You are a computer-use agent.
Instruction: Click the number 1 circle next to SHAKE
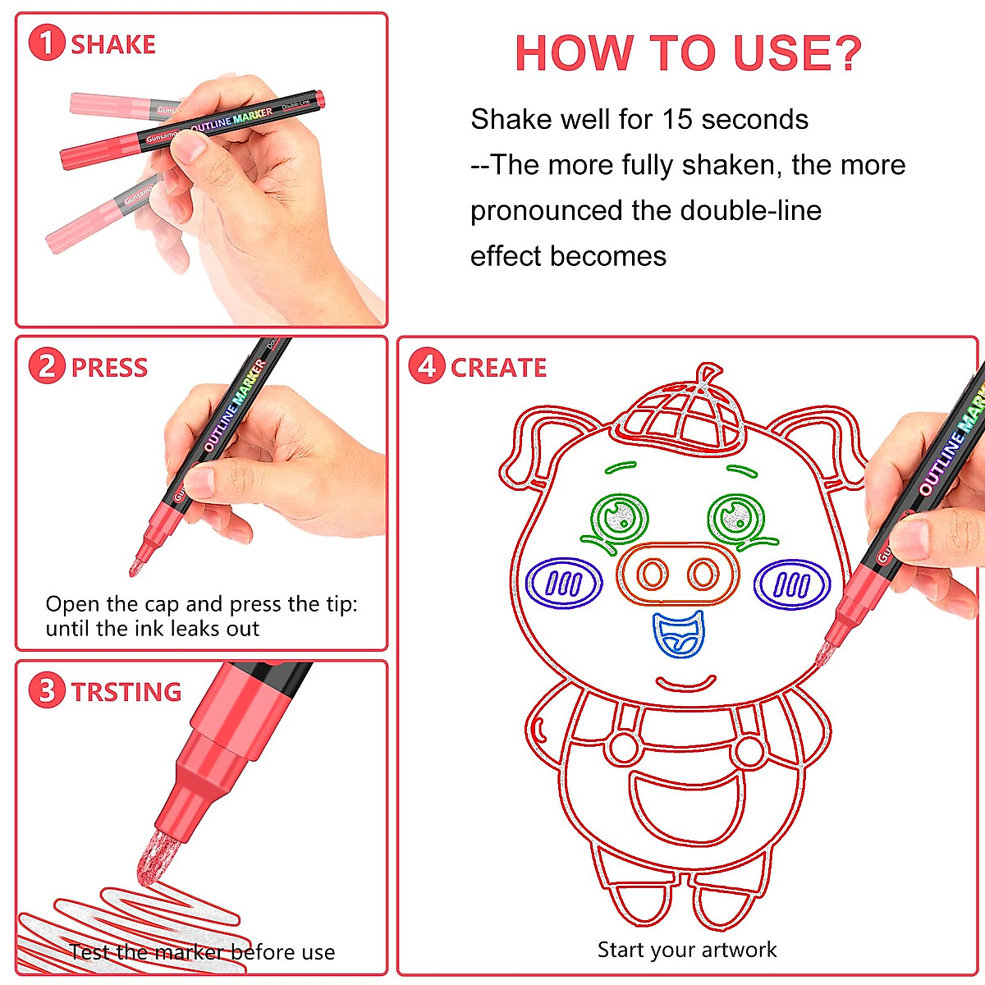point(46,44)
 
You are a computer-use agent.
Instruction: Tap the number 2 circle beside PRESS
point(46,367)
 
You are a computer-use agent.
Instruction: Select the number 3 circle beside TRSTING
point(46,691)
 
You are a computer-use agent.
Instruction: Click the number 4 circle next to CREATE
point(426,367)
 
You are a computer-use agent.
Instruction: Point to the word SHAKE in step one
point(113,44)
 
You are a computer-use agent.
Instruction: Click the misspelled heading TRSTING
point(126,692)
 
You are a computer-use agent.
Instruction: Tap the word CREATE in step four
point(498,368)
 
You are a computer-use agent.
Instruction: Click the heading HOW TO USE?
point(688,53)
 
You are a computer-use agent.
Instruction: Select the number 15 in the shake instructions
point(678,120)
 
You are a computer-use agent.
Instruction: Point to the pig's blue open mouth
point(678,635)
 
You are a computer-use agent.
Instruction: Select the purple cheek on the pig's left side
point(563,583)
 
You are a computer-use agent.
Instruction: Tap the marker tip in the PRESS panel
point(136,566)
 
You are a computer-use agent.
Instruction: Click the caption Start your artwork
point(686,950)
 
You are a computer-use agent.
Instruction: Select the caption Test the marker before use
point(202,952)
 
